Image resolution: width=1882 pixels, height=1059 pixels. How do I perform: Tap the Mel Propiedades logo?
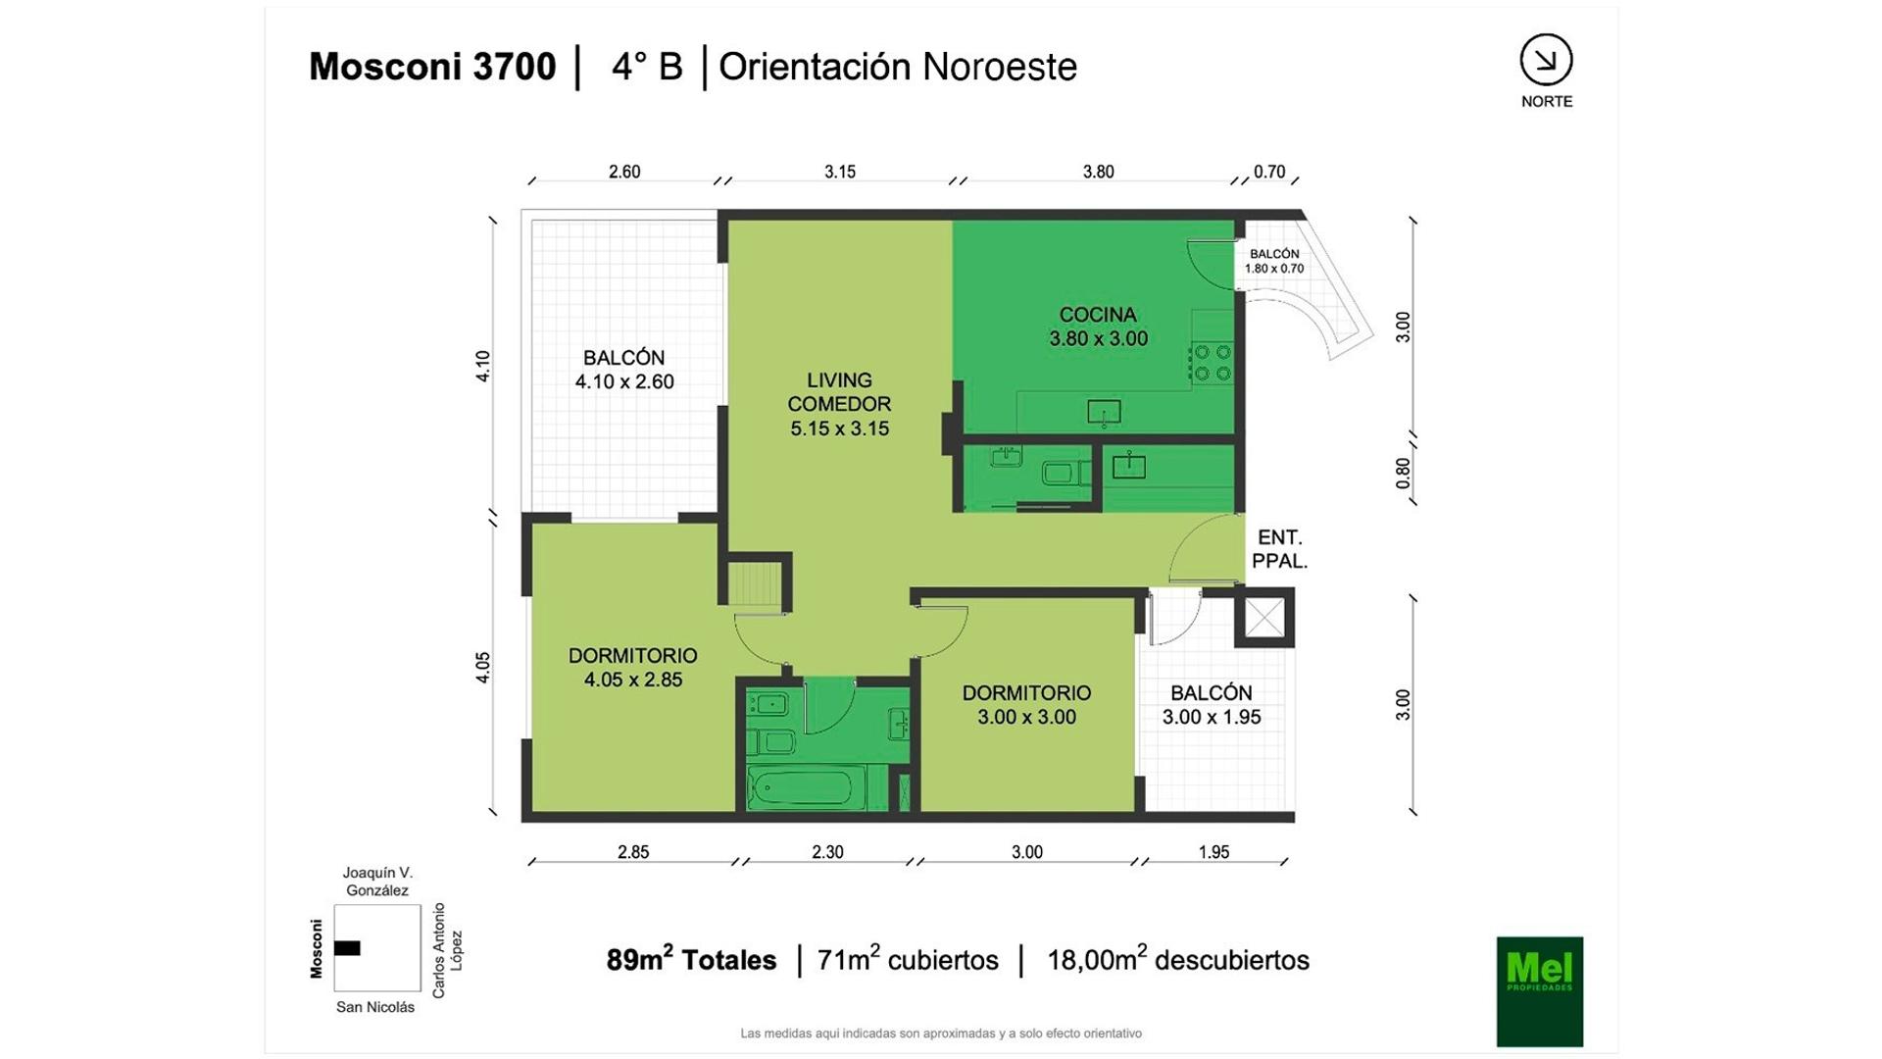point(1539,991)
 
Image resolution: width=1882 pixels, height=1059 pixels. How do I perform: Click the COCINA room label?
point(1098,327)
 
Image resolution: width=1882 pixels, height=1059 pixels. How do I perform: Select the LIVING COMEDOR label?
point(839,404)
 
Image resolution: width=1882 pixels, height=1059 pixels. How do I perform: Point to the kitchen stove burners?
point(1213,361)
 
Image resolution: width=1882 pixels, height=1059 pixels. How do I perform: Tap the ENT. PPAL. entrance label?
point(1279,549)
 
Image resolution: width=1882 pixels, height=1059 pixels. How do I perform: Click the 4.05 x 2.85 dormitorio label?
point(633,668)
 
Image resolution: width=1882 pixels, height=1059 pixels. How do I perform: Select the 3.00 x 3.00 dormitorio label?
point(1026,705)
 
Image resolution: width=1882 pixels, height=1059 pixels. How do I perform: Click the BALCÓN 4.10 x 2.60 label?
point(624,370)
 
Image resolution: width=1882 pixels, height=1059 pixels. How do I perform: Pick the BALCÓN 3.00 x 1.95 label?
point(1212,705)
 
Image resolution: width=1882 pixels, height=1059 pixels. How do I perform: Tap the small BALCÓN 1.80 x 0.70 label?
point(1274,261)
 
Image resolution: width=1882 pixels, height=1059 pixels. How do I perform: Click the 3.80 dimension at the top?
point(1098,172)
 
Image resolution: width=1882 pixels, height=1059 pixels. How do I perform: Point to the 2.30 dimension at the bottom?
point(827,852)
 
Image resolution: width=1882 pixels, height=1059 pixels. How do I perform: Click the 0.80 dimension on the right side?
point(1403,474)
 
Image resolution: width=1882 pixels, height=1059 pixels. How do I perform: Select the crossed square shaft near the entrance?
point(1264,618)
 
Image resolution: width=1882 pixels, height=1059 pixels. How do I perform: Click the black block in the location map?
point(347,948)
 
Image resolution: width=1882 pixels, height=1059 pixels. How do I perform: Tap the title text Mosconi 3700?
point(432,67)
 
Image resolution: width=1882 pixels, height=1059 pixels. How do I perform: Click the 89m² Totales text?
point(691,959)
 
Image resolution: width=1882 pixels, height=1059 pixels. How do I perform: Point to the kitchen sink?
point(1104,413)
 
